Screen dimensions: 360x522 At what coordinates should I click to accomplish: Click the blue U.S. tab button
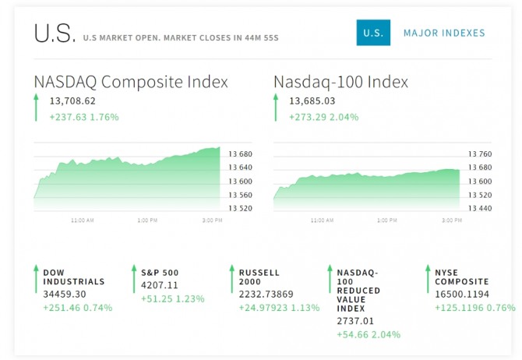tap(373, 33)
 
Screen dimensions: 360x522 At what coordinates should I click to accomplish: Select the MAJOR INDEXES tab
tap(444, 33)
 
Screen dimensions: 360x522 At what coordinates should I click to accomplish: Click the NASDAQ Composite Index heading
tap(131, 82)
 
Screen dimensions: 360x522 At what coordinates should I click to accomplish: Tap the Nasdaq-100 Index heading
tap(340, 82)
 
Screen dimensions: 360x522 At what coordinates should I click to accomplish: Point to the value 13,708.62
tap(72, 101)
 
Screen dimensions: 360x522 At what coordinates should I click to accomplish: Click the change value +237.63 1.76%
tap(84, 117)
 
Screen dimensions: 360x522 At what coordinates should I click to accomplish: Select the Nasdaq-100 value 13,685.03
tap(312, 101)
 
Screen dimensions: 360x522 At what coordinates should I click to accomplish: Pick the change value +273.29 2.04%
tap(324, 117)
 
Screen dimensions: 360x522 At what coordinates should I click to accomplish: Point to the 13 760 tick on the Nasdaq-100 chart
tap(481, 154)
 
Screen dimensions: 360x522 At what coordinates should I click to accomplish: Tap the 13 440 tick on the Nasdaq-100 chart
tap(481, 208)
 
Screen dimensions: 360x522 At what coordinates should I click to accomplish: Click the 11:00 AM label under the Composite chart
tap(83, 221)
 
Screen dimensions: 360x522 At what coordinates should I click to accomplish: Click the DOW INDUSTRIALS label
tap(73, 277)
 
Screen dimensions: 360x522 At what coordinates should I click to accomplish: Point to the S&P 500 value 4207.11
tap(160, 285)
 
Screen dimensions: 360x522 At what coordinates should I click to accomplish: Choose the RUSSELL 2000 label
tap(259, 277)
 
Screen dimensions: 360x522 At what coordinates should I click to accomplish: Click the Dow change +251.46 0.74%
tap(78, 307)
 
